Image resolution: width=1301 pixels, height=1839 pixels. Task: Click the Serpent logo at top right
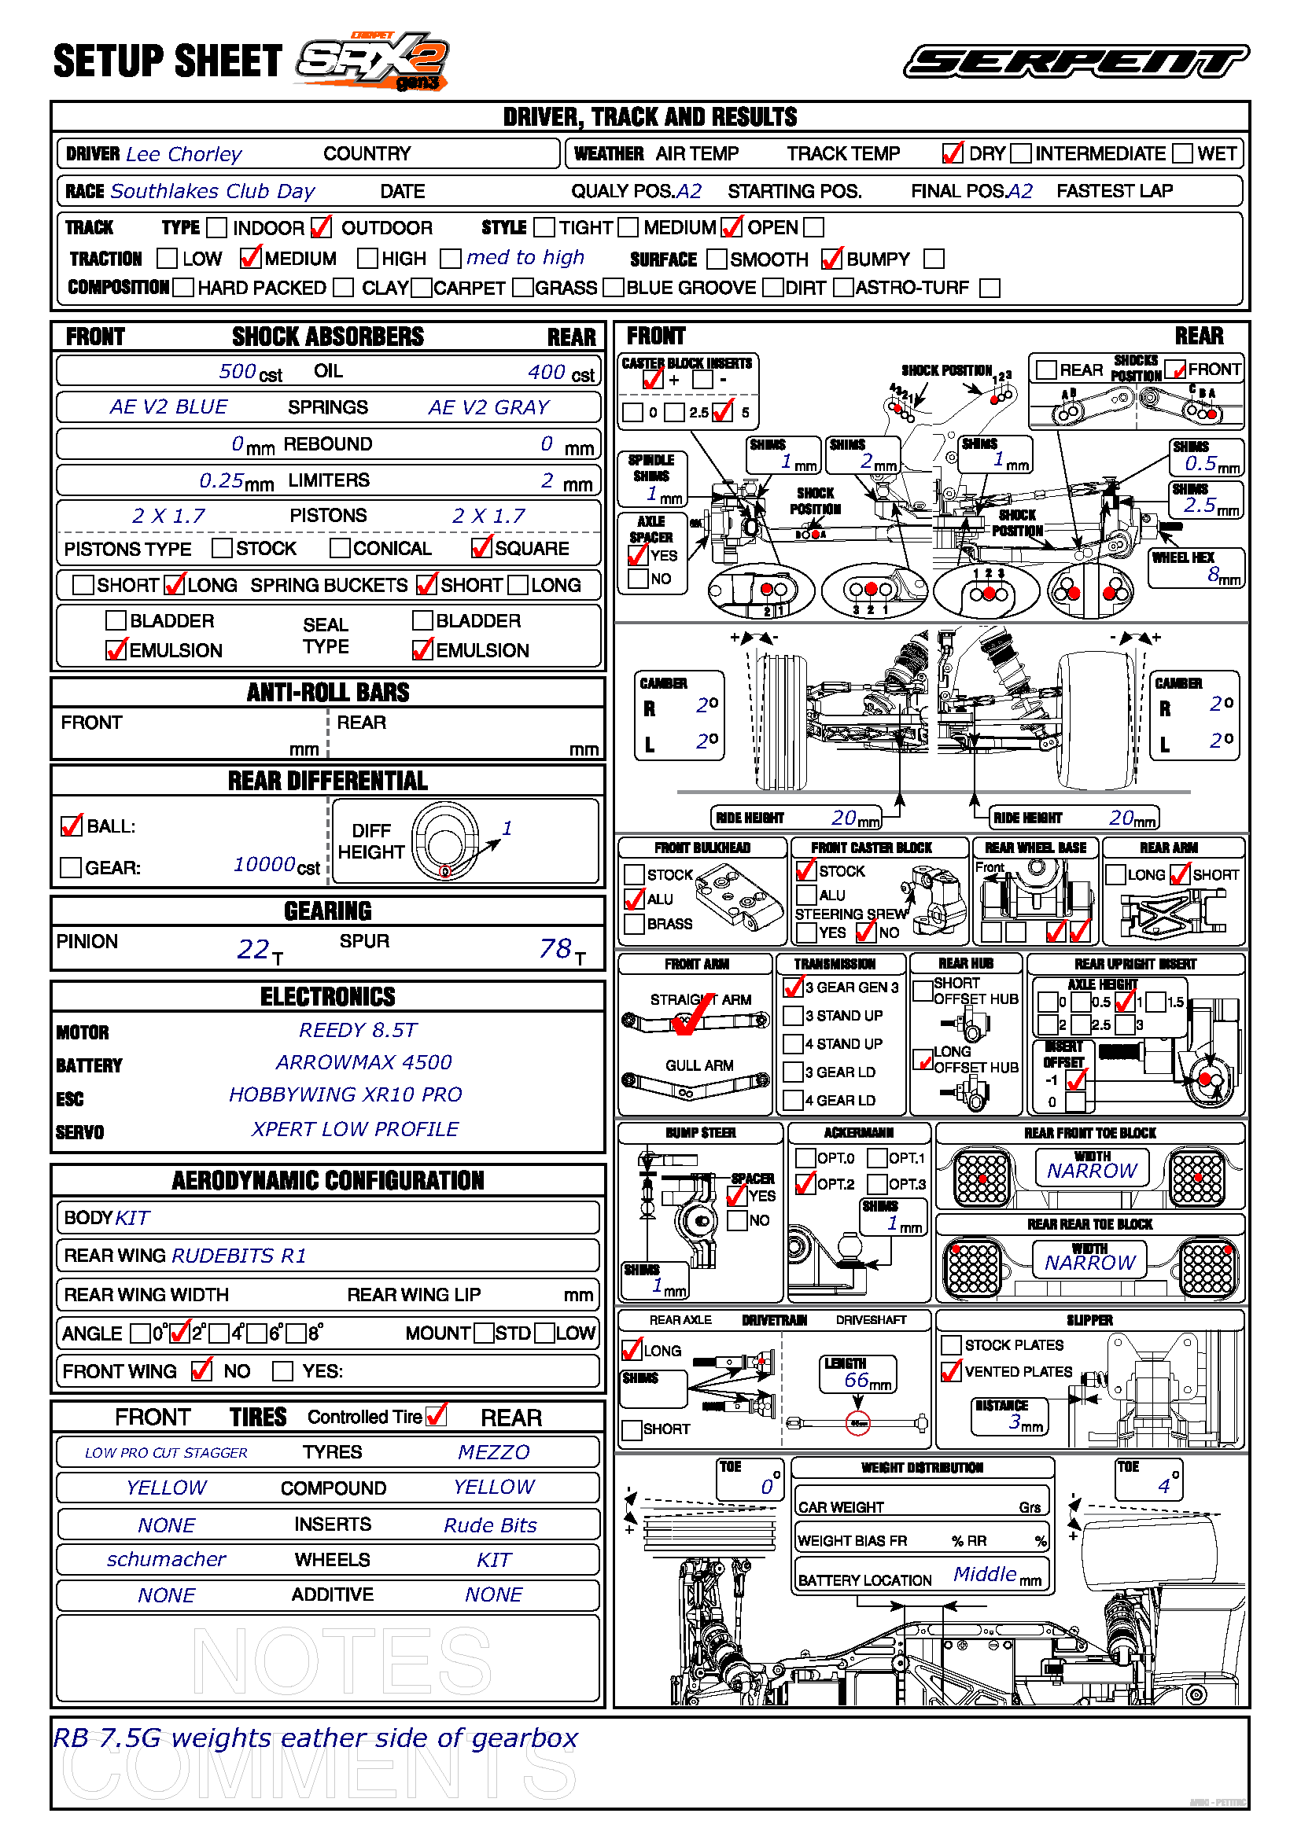(x=1076, y=61)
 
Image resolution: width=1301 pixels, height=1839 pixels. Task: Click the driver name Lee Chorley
(x=183, y=154)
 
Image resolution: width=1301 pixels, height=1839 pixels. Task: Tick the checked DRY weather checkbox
(x=953, y=153)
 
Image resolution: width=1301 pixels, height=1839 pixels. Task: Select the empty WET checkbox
(x=1181, y=153)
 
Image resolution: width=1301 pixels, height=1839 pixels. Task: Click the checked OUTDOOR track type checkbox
(x=320, y=227)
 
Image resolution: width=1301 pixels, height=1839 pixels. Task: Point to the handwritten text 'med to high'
(x=525, y=257)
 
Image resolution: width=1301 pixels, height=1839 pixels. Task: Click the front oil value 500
(x=237, y=372)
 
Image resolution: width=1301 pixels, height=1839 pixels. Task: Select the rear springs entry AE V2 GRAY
(x=488, y=408)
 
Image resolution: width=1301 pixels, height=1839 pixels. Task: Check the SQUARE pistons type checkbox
(x=481, y=548)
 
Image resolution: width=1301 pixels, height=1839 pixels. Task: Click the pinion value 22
(x=253, y=949)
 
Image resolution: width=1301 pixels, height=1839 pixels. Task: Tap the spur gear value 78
(x=555, y=949)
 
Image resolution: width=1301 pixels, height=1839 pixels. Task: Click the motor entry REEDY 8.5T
(x=358, y=1030)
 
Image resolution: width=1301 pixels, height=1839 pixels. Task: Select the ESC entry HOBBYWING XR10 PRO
(x=345, y=1095)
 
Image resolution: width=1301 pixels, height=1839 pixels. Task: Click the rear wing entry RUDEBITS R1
(x=240, y=1256)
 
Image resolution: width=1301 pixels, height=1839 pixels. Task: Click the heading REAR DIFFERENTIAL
(x=328, y=781)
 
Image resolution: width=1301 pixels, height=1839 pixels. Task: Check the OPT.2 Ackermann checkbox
(x=805, y=1184)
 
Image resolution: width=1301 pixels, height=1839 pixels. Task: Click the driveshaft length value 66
(x=857, y=1380)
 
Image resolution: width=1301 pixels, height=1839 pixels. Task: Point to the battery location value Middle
(x=985, y=1575)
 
